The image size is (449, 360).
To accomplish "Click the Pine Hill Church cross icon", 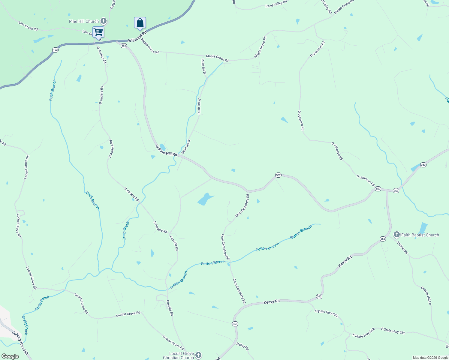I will (x=103, y=21).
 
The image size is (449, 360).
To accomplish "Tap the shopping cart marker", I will (x=98, y=32).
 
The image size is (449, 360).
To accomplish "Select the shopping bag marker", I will (x=140, y=23).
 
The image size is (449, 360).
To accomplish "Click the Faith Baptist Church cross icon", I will (x=396, y=235).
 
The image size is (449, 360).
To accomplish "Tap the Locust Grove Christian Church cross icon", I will (x=198, y=355).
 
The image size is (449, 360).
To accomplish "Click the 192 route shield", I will (x=55, y=50).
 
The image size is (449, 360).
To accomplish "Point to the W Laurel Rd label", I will (x=137, y=37).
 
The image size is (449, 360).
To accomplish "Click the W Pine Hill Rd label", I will (x=166, y=150).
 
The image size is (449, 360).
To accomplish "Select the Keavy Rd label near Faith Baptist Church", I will (x=345, y=261).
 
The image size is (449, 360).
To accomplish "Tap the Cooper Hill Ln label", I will (x=426, y=296).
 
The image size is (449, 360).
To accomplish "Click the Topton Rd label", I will (x=403, y=247).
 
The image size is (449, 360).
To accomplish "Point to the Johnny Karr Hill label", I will (x=20, y=343).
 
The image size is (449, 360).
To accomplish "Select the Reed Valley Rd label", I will (x=276, y=4).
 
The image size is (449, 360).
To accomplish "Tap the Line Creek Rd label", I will (x=28, y=26).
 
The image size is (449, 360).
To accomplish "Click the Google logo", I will (x=10, y=356).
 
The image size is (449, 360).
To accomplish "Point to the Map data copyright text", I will (x=430, y=358).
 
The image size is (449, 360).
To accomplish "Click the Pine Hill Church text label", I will (x=84, y=21).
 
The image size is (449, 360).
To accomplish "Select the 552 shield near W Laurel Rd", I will (x=124, y=46).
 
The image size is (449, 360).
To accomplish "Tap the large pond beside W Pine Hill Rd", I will (x=205, y=199).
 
